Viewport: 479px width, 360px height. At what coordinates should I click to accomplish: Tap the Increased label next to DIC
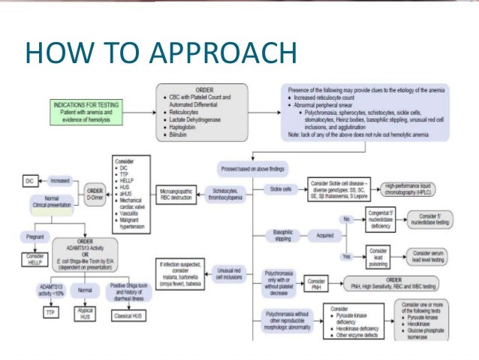[x=61, y=180]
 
